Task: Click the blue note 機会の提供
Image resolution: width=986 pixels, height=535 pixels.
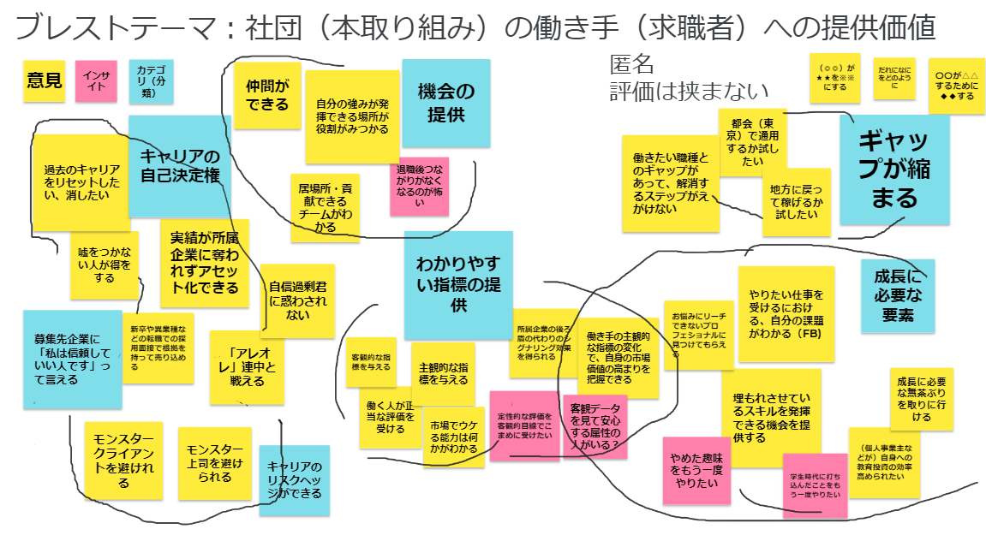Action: point(445,103)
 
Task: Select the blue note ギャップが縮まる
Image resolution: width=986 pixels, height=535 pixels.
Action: point(894,169)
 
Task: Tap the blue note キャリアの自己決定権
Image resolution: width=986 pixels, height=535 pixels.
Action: point(180,166)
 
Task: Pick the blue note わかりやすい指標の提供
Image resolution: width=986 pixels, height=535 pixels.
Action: point(458,284)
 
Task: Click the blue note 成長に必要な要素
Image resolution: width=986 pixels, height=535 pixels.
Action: point(898,296)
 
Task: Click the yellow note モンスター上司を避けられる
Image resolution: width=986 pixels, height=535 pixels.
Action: point(215,462)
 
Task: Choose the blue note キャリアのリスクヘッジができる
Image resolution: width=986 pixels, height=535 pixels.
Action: point(294,479)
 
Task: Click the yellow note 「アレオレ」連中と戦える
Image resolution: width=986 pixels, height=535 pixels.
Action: point(247,367)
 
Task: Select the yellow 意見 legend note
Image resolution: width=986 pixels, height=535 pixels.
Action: point(45,80)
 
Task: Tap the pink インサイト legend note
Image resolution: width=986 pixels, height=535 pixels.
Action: point(96,80)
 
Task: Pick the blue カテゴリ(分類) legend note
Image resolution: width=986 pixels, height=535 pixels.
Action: point(151,81)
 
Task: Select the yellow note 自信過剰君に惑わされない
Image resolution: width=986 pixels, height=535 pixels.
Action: point(297,300)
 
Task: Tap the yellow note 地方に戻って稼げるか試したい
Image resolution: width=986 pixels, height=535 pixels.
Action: point(797,202)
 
